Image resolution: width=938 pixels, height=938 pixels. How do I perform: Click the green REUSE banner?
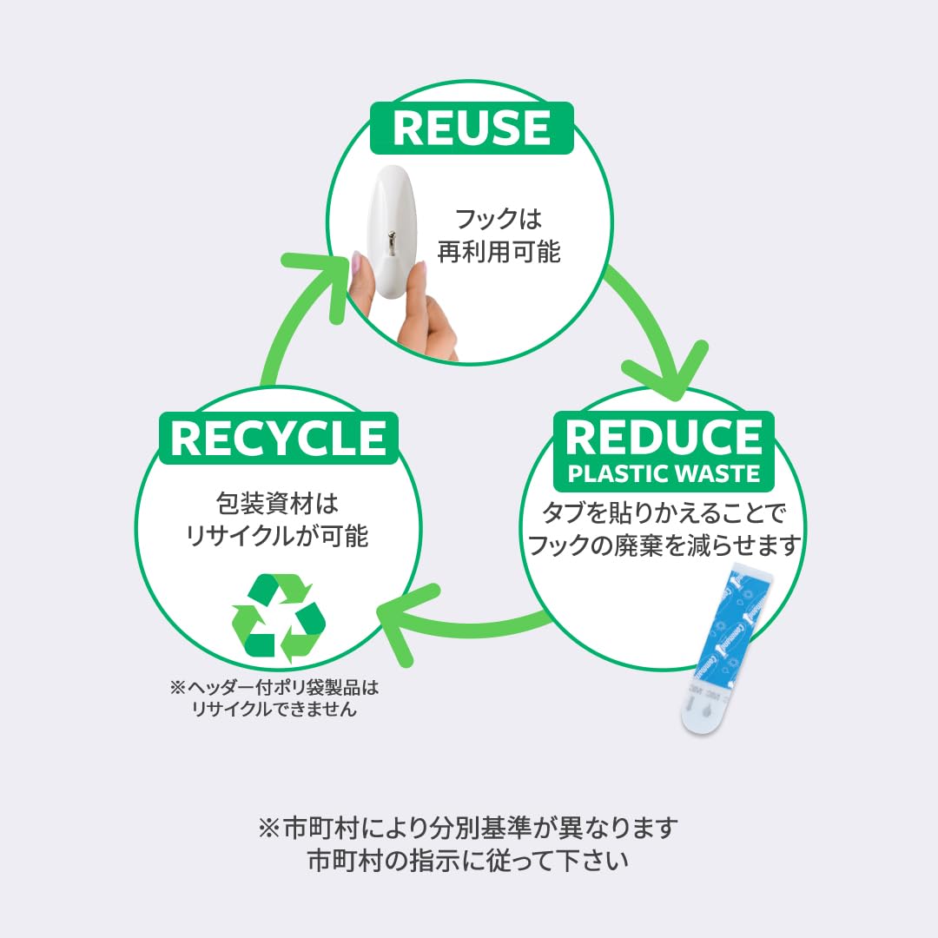point(472,128)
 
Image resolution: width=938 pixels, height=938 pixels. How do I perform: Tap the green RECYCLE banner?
point(279,438)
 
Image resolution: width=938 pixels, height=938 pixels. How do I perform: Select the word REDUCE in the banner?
point(664,437)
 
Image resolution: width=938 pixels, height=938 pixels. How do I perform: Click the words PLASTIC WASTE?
point(664,474)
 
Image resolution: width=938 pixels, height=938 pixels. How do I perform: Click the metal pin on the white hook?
point(391,243)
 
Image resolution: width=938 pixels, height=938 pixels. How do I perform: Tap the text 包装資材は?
point(278,504)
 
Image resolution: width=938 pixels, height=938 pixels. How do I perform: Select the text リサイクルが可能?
point(277,535)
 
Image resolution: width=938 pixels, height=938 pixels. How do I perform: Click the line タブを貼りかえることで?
point(664,512)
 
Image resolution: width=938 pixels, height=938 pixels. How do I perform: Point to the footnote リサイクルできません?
point(274,710)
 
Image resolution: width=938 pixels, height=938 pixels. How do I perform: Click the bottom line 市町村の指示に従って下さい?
point(468,861)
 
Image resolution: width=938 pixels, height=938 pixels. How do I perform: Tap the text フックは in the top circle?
point(499,219)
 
